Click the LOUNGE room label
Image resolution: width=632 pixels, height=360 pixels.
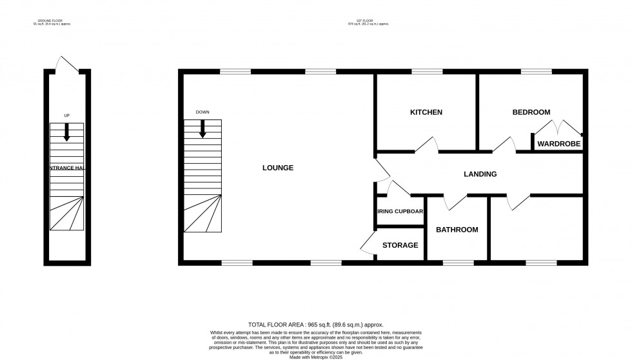(278, 168)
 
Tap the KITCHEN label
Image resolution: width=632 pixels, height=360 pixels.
(426, 112)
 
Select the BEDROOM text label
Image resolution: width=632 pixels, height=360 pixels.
(531, 112)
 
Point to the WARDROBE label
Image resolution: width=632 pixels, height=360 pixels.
(558, 144)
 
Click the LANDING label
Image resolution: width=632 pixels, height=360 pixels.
(480, 174)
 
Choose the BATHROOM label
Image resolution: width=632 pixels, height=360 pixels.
(457, 230)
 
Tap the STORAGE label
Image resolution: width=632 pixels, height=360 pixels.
(400, 245)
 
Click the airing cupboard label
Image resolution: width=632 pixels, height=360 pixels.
(400, 211)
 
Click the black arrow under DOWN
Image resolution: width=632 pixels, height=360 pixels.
(202, 128)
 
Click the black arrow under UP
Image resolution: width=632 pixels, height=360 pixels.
(66, 132)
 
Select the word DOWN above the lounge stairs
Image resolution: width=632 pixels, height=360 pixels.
(202, 112)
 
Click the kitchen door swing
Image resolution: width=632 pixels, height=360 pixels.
(426, 145)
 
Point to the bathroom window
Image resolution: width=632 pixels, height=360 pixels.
(458, 263)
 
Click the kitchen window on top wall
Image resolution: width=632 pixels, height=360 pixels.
(422, 72)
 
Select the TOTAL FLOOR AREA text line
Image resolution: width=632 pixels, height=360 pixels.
(315, 325)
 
